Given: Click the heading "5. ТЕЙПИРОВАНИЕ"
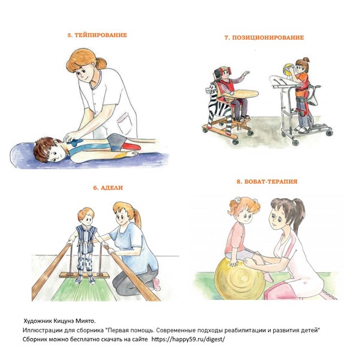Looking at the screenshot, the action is (x=97, y=35).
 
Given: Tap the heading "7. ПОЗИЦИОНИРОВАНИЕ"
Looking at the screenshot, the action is (x=264, y=38).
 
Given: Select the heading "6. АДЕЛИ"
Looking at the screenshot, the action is (x=108, y=188).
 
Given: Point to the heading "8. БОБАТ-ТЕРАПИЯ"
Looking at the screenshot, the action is (x=267, y=181).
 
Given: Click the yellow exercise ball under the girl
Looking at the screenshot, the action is (x=240, y=278).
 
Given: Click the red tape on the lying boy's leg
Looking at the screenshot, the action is (x=131, y=146).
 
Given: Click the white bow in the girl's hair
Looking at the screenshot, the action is (x=237, y=199).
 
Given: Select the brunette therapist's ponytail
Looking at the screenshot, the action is (x=299, y=215).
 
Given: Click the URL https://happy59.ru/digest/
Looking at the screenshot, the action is (x=188, y=339).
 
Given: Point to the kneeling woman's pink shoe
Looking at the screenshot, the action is (x=156, y=284).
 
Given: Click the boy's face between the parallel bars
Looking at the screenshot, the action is (x=87, y=218).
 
